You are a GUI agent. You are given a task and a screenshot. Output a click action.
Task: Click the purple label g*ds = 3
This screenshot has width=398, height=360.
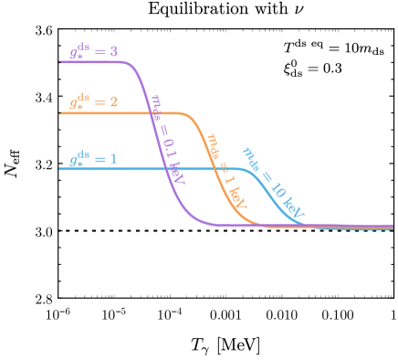[x=93, y=51]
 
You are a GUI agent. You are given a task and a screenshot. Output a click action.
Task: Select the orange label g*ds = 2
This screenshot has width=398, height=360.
[x=93, y=102]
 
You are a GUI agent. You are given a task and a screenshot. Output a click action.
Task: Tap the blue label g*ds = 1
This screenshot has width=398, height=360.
[x=93, y=159]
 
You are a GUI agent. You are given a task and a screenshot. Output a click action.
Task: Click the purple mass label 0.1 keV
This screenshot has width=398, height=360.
[x=166, y=138]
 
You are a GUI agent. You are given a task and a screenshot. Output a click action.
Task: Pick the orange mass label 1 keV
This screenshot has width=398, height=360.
[x=226, y=169]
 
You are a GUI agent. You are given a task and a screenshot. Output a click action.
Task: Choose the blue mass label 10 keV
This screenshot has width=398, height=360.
[x=272, y=184]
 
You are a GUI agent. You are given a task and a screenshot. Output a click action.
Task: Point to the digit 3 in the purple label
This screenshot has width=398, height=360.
[x=113, y=51]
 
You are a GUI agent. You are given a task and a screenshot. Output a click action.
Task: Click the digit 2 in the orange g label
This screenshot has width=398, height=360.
[x=113, y=102]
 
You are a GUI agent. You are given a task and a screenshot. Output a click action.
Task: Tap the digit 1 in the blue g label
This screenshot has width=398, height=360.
[x=113, y=159]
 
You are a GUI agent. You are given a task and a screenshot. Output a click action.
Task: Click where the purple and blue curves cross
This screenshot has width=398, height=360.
[x=165, y=169]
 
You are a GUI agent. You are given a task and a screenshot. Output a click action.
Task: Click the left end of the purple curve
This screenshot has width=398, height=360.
[x=60, y=61]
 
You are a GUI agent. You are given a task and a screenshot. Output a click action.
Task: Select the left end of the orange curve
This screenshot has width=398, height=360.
[x=60, y=113]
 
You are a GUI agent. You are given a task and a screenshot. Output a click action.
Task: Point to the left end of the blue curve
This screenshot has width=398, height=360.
[x=60, y=169]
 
